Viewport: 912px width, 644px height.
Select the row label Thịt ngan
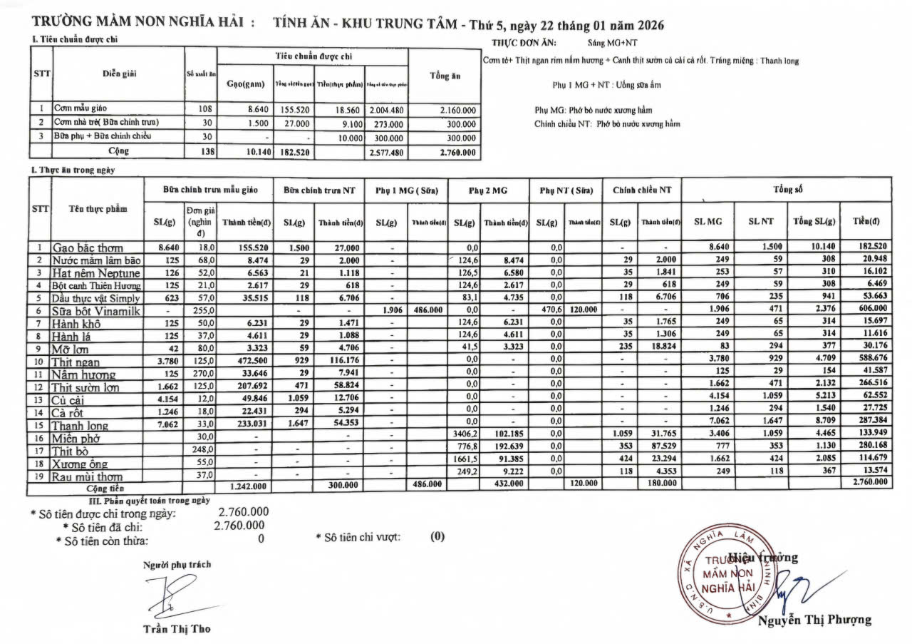[x=76, y=362]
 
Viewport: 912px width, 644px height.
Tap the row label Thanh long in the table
[x=80, y=426]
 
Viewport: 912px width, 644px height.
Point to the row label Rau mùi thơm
[x=86, y=476]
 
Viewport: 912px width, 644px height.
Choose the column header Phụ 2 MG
[x=488, y=190]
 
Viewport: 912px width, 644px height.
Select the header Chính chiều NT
[x=641, y=190]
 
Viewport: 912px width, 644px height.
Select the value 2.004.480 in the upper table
[x=386, y=111]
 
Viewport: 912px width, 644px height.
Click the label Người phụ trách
[x=177, y=564]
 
